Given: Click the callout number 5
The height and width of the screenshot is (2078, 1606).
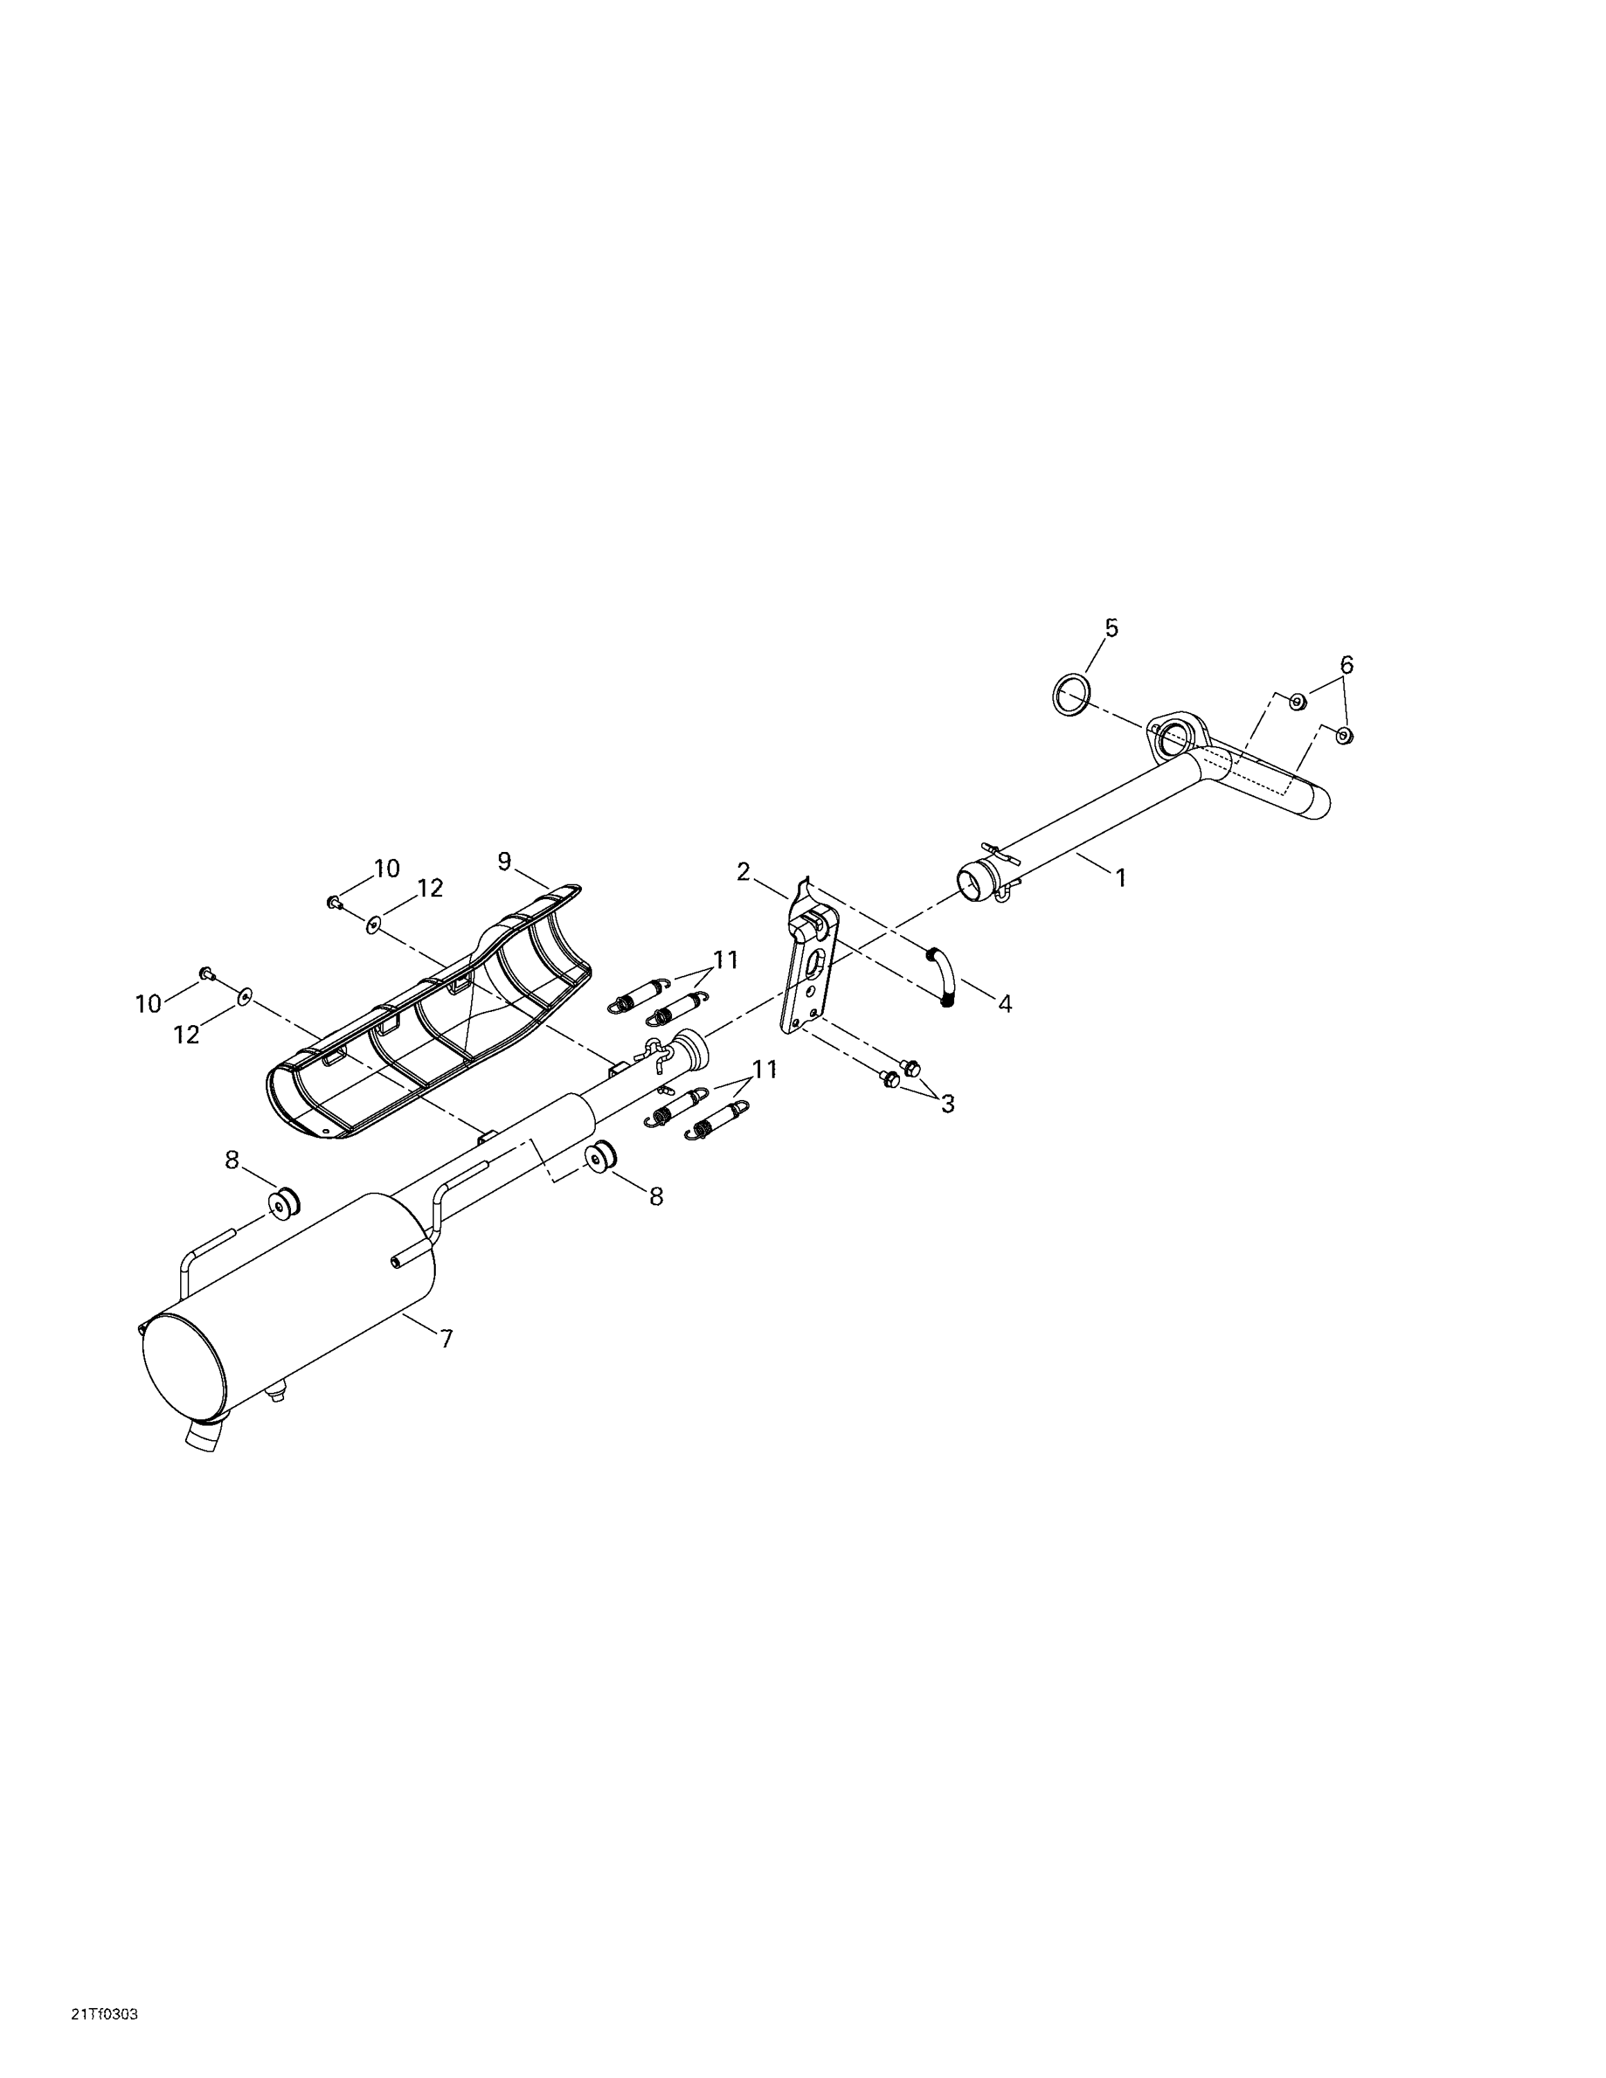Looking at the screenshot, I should pyautogui.click(x=1111, y=628).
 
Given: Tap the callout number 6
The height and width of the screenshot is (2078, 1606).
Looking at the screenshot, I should pyautogui.click(x=1346, y=664).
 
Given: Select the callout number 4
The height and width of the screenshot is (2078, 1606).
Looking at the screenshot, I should pyautogui.click(x=1005, y=1003).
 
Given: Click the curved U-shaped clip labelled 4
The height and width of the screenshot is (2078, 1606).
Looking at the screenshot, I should pyautogui.click(x=941, y=975).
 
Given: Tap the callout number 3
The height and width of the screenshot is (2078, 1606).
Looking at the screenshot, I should pyautogui.click(x=946, y=1103).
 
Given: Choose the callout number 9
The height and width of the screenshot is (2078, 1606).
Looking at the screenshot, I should pyautogui.click(x=504, y=861).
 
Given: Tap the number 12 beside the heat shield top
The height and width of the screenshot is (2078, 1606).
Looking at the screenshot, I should pyautogui.click(x=430, y=888).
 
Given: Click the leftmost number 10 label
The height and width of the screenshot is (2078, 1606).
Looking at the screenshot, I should pyautogui.click(x=148, y=1004).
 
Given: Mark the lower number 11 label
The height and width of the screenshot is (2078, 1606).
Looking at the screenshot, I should pyautogui.click(x=765, y=1069).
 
